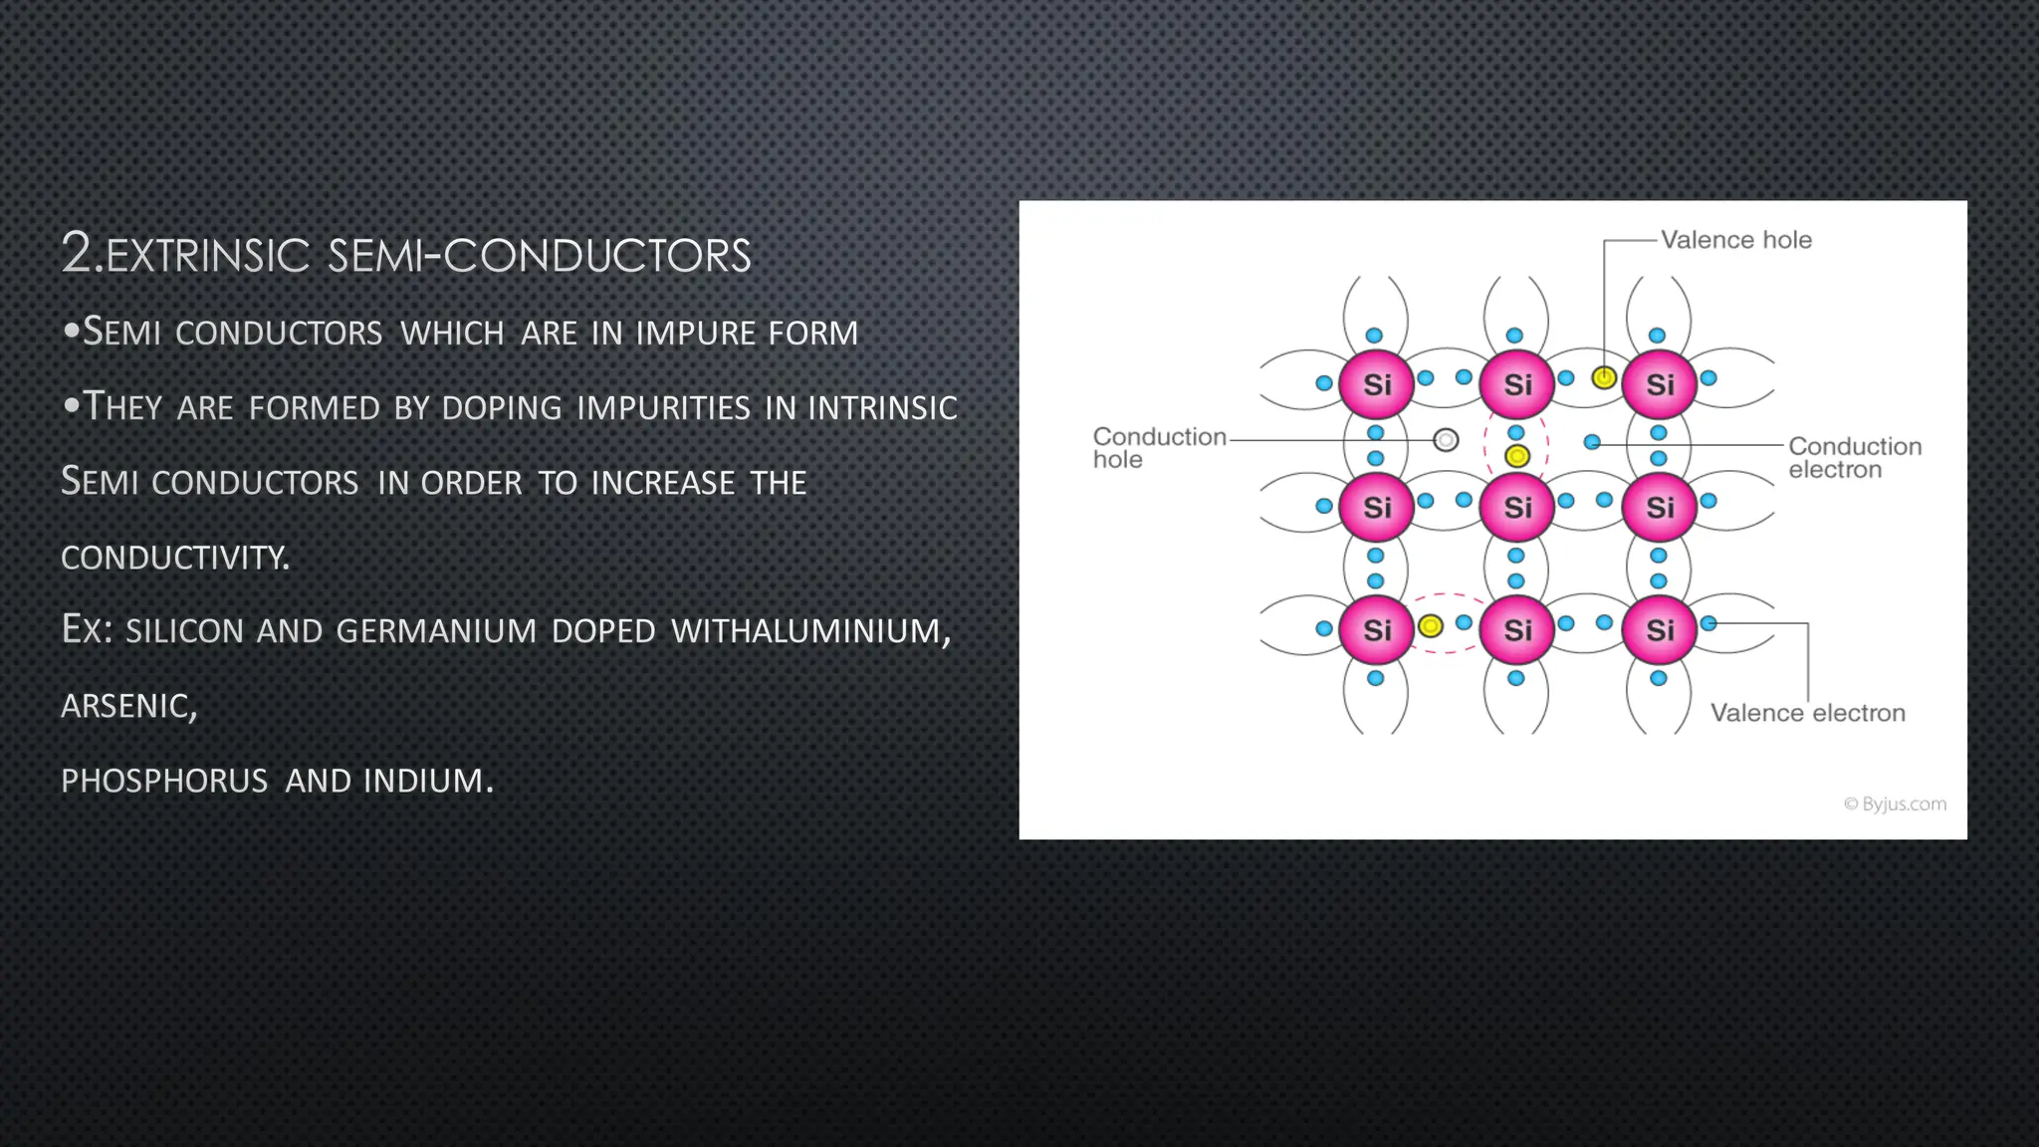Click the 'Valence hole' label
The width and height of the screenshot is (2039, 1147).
point(1735,240)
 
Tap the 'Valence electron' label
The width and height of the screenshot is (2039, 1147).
point(1807,713)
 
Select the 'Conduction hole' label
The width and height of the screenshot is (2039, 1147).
point(1159,448)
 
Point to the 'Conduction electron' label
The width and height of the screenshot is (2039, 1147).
point(1854,458)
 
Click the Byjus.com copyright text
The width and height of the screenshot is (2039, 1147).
point(1895,803)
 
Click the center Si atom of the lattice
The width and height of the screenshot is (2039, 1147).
point(1517,507)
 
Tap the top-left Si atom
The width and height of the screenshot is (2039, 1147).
point(1376,384)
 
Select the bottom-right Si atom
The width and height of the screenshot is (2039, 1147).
point(1660,629)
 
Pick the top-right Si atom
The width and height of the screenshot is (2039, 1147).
point(1660,384)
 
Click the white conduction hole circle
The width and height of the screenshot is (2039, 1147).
point(1446,439)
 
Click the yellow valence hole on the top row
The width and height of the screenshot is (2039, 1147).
point(1604,377)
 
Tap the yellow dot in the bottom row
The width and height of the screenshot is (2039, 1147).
point(1431,625)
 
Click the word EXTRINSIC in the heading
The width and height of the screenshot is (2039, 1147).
point(208,256)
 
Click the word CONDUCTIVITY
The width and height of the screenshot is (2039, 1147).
point(175,558)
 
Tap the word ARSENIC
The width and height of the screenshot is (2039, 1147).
point(128,706)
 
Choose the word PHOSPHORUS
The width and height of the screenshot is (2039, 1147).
point(164,781)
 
